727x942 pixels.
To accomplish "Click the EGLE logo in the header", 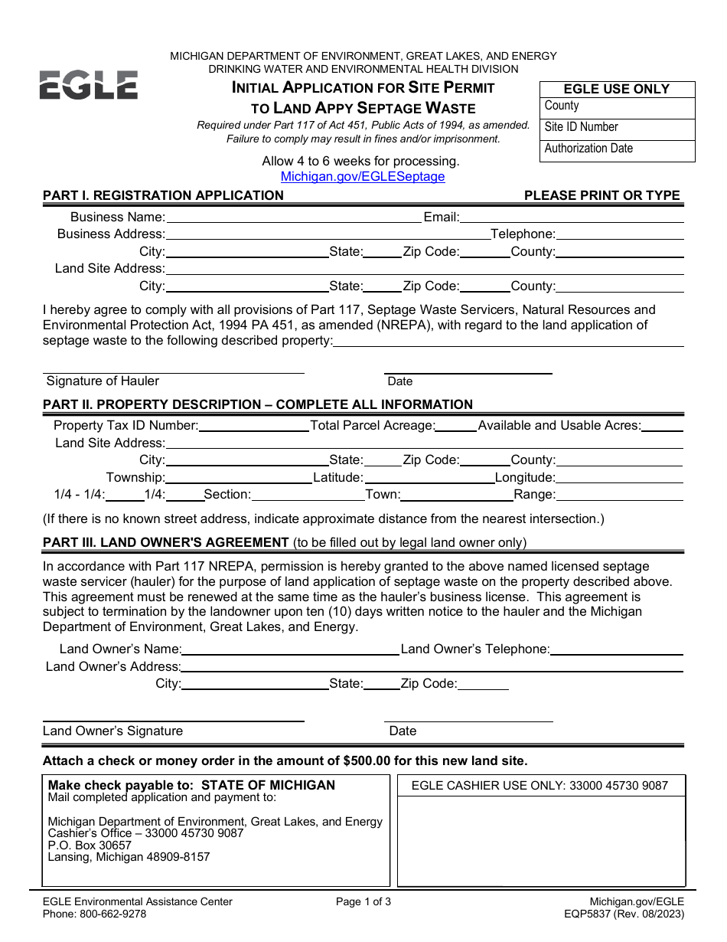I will pos(89,85).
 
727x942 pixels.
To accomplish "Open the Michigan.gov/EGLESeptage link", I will pos(363,176).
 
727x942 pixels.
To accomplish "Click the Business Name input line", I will pos(293,217).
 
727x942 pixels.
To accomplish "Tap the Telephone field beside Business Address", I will pos(620,234).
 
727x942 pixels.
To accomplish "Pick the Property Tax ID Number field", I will pos(253,426).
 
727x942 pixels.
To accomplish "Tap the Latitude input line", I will pos(429,478).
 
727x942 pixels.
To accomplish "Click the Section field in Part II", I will pos(307,495).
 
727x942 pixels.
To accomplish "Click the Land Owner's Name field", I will pos(290,649).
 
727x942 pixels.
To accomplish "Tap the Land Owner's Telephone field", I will pos(616,649).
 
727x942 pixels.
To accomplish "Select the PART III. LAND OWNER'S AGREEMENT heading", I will pos(166,542).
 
